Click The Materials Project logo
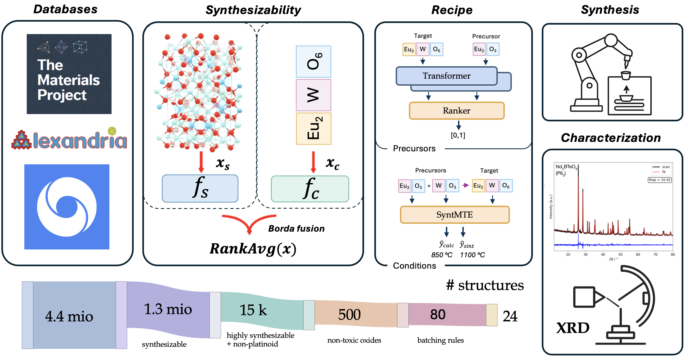[x=69, y=74]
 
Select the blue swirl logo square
[x=67, y=207]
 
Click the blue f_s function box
[x=200, y=188]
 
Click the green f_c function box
[x=310, y=189]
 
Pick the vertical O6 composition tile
[x=313, y=62]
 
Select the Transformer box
[x=446, y=76]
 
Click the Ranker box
[x=456, y=111]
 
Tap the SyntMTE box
[x=455, y=215]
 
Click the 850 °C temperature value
[x=442, y=255]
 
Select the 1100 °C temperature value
[x=472, y=255]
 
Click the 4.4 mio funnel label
[x=69, y=316]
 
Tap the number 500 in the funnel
[x=349, y=315]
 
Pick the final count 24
[x=510, y=316]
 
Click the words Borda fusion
[x=296, y=229]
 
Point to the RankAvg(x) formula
[x=253, y=249]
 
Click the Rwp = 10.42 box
[x=660, y=180]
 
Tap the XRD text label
[x=573, y=328]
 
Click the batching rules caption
[x=440, y=340]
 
